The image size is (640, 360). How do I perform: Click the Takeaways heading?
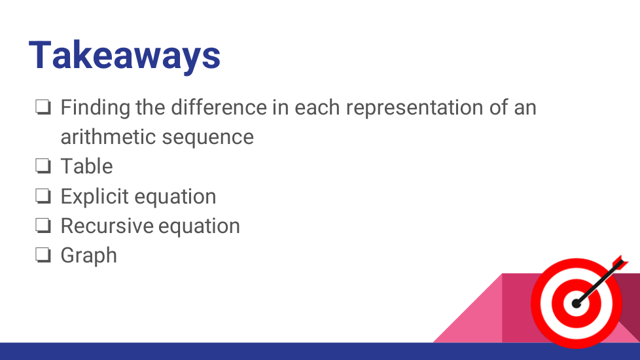pyautogui.click(x=124, y=56)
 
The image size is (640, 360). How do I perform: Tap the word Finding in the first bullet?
pyautogui.click(x=96, y=108)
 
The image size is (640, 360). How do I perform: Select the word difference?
pyautogui.click(x=219, y=107)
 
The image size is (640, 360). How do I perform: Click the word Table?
pyautogui.click(x=86, y=166)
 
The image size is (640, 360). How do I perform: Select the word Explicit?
pyautogui.click(x=95, y=197)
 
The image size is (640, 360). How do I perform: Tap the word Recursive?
pyautogui.click(x=107, y=226)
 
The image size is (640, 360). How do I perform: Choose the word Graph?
pyautogui.click(x=89, y=256)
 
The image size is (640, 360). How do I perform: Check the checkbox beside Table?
pyautogui.click(x=43, y=166)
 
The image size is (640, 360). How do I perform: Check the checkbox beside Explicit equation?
pyautogui.click(x=43, y=196)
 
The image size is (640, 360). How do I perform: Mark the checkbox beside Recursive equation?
pyautogui.click(x=43, y=225)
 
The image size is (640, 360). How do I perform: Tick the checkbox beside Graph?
pyautogui.click(x=43, y=255)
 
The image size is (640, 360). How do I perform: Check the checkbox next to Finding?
pyautogui.click(x=43, y=107)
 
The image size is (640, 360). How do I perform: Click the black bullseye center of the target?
pyautogui.click(x=576, y=304)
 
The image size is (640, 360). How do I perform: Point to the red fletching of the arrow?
pyautogui.click(x=620, y=263)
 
